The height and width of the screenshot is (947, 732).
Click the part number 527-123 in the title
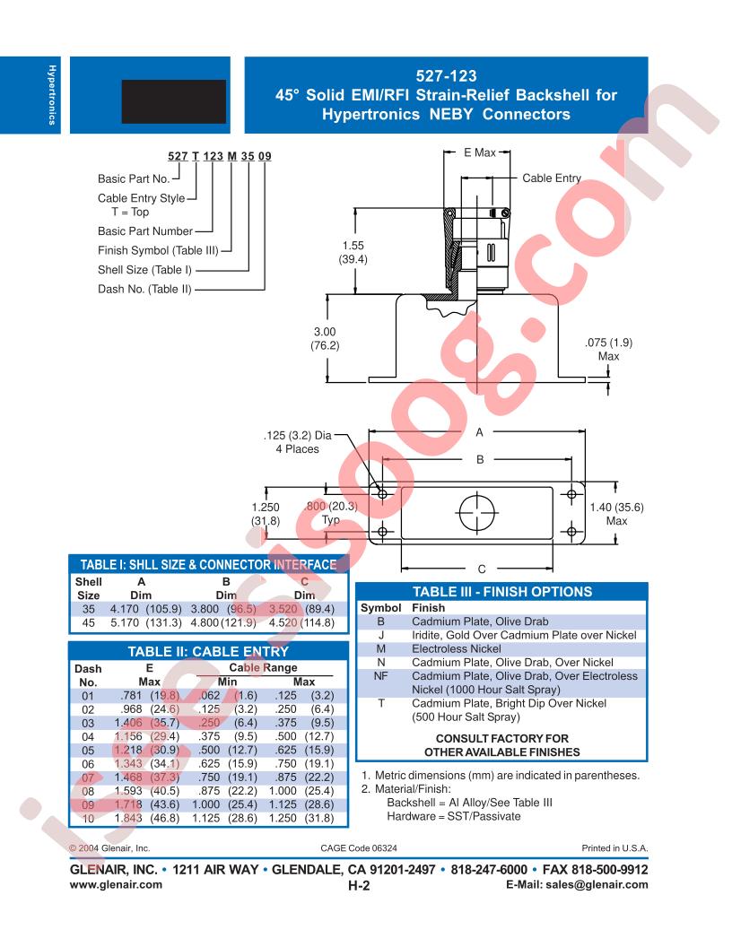tap(446, 76)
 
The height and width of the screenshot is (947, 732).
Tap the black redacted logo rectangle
tap(174, 101)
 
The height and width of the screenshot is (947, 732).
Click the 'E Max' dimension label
tap(480, 152)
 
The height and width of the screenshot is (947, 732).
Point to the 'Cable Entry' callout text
tap(552, 178)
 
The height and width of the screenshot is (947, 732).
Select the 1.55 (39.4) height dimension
tap(353, 253)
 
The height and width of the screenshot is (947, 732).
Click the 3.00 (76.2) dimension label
tap(325, 338)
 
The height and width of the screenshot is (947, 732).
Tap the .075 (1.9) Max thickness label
tap(609, 349)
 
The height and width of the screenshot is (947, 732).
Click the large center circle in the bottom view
tap(477, 512)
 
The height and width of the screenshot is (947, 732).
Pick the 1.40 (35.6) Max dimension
tap(616, 514)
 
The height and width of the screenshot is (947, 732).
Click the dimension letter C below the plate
tap(482, 569)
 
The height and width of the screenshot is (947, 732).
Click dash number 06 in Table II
tap(88, 764)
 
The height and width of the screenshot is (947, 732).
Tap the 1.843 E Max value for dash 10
tap(128, 819)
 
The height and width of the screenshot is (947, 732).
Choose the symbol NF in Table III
tap(380, 676)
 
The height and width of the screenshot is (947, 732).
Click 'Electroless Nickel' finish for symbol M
tap(457, 648)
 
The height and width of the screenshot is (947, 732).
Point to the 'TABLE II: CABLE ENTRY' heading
tap(208, 652)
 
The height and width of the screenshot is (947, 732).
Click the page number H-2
tap(359, 885)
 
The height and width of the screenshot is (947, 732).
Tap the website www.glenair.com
tap(116, 885)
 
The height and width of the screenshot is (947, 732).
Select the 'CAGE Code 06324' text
tap(359, 848)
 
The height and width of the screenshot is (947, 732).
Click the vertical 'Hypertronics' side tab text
tap(52, 95)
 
